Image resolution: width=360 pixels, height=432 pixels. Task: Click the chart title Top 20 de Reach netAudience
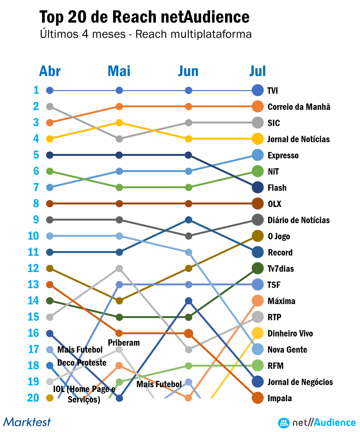pyautogui.click(x=144, y=17)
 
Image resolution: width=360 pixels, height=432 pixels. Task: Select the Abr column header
pyautogui.click(x=50, y=71)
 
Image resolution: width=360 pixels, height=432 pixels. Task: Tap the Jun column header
pyautogui.click(x=188, y=71)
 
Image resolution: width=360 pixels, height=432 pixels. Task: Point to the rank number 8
pyautogui.click(x=36, y=203)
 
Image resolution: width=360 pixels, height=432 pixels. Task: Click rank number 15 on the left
pyautogui.click(x=33, y=317)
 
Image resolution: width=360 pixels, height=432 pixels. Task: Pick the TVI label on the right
pyautogui.click(x=273, y=91)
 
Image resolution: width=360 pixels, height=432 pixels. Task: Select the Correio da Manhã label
pyautogui.click(x=299, y=107)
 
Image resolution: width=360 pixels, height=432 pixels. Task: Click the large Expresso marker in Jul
pyautogui.click(x=257, y=155)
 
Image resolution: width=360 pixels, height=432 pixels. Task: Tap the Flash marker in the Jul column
pyautogui.click(x=257, y=187)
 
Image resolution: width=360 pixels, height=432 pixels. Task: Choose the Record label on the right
pyautogui.click(x=280, y=252)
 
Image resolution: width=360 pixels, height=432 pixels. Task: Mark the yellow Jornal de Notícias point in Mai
pyautogui.click(x=119, y=123)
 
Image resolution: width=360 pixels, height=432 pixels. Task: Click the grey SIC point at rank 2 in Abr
pyautogui.click(x=50, y=106)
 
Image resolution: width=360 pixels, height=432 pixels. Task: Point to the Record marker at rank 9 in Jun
pyautogui.click(x=188, y=220)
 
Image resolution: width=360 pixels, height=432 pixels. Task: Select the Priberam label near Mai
pyautogui.click(x=124, y=343)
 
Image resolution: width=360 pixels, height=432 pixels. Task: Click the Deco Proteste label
pyautogui.click(x=82, y=362)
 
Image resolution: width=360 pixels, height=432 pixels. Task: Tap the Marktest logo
pyautogui.click(x=27, y=422)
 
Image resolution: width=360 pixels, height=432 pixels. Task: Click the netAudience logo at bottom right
pyautogui.click(x=317, y=422)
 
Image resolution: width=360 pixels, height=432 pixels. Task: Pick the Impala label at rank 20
pyautogui.click(x=280, y=398)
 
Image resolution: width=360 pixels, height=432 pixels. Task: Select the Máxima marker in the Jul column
pyautogui.click(x=257, y=301)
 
